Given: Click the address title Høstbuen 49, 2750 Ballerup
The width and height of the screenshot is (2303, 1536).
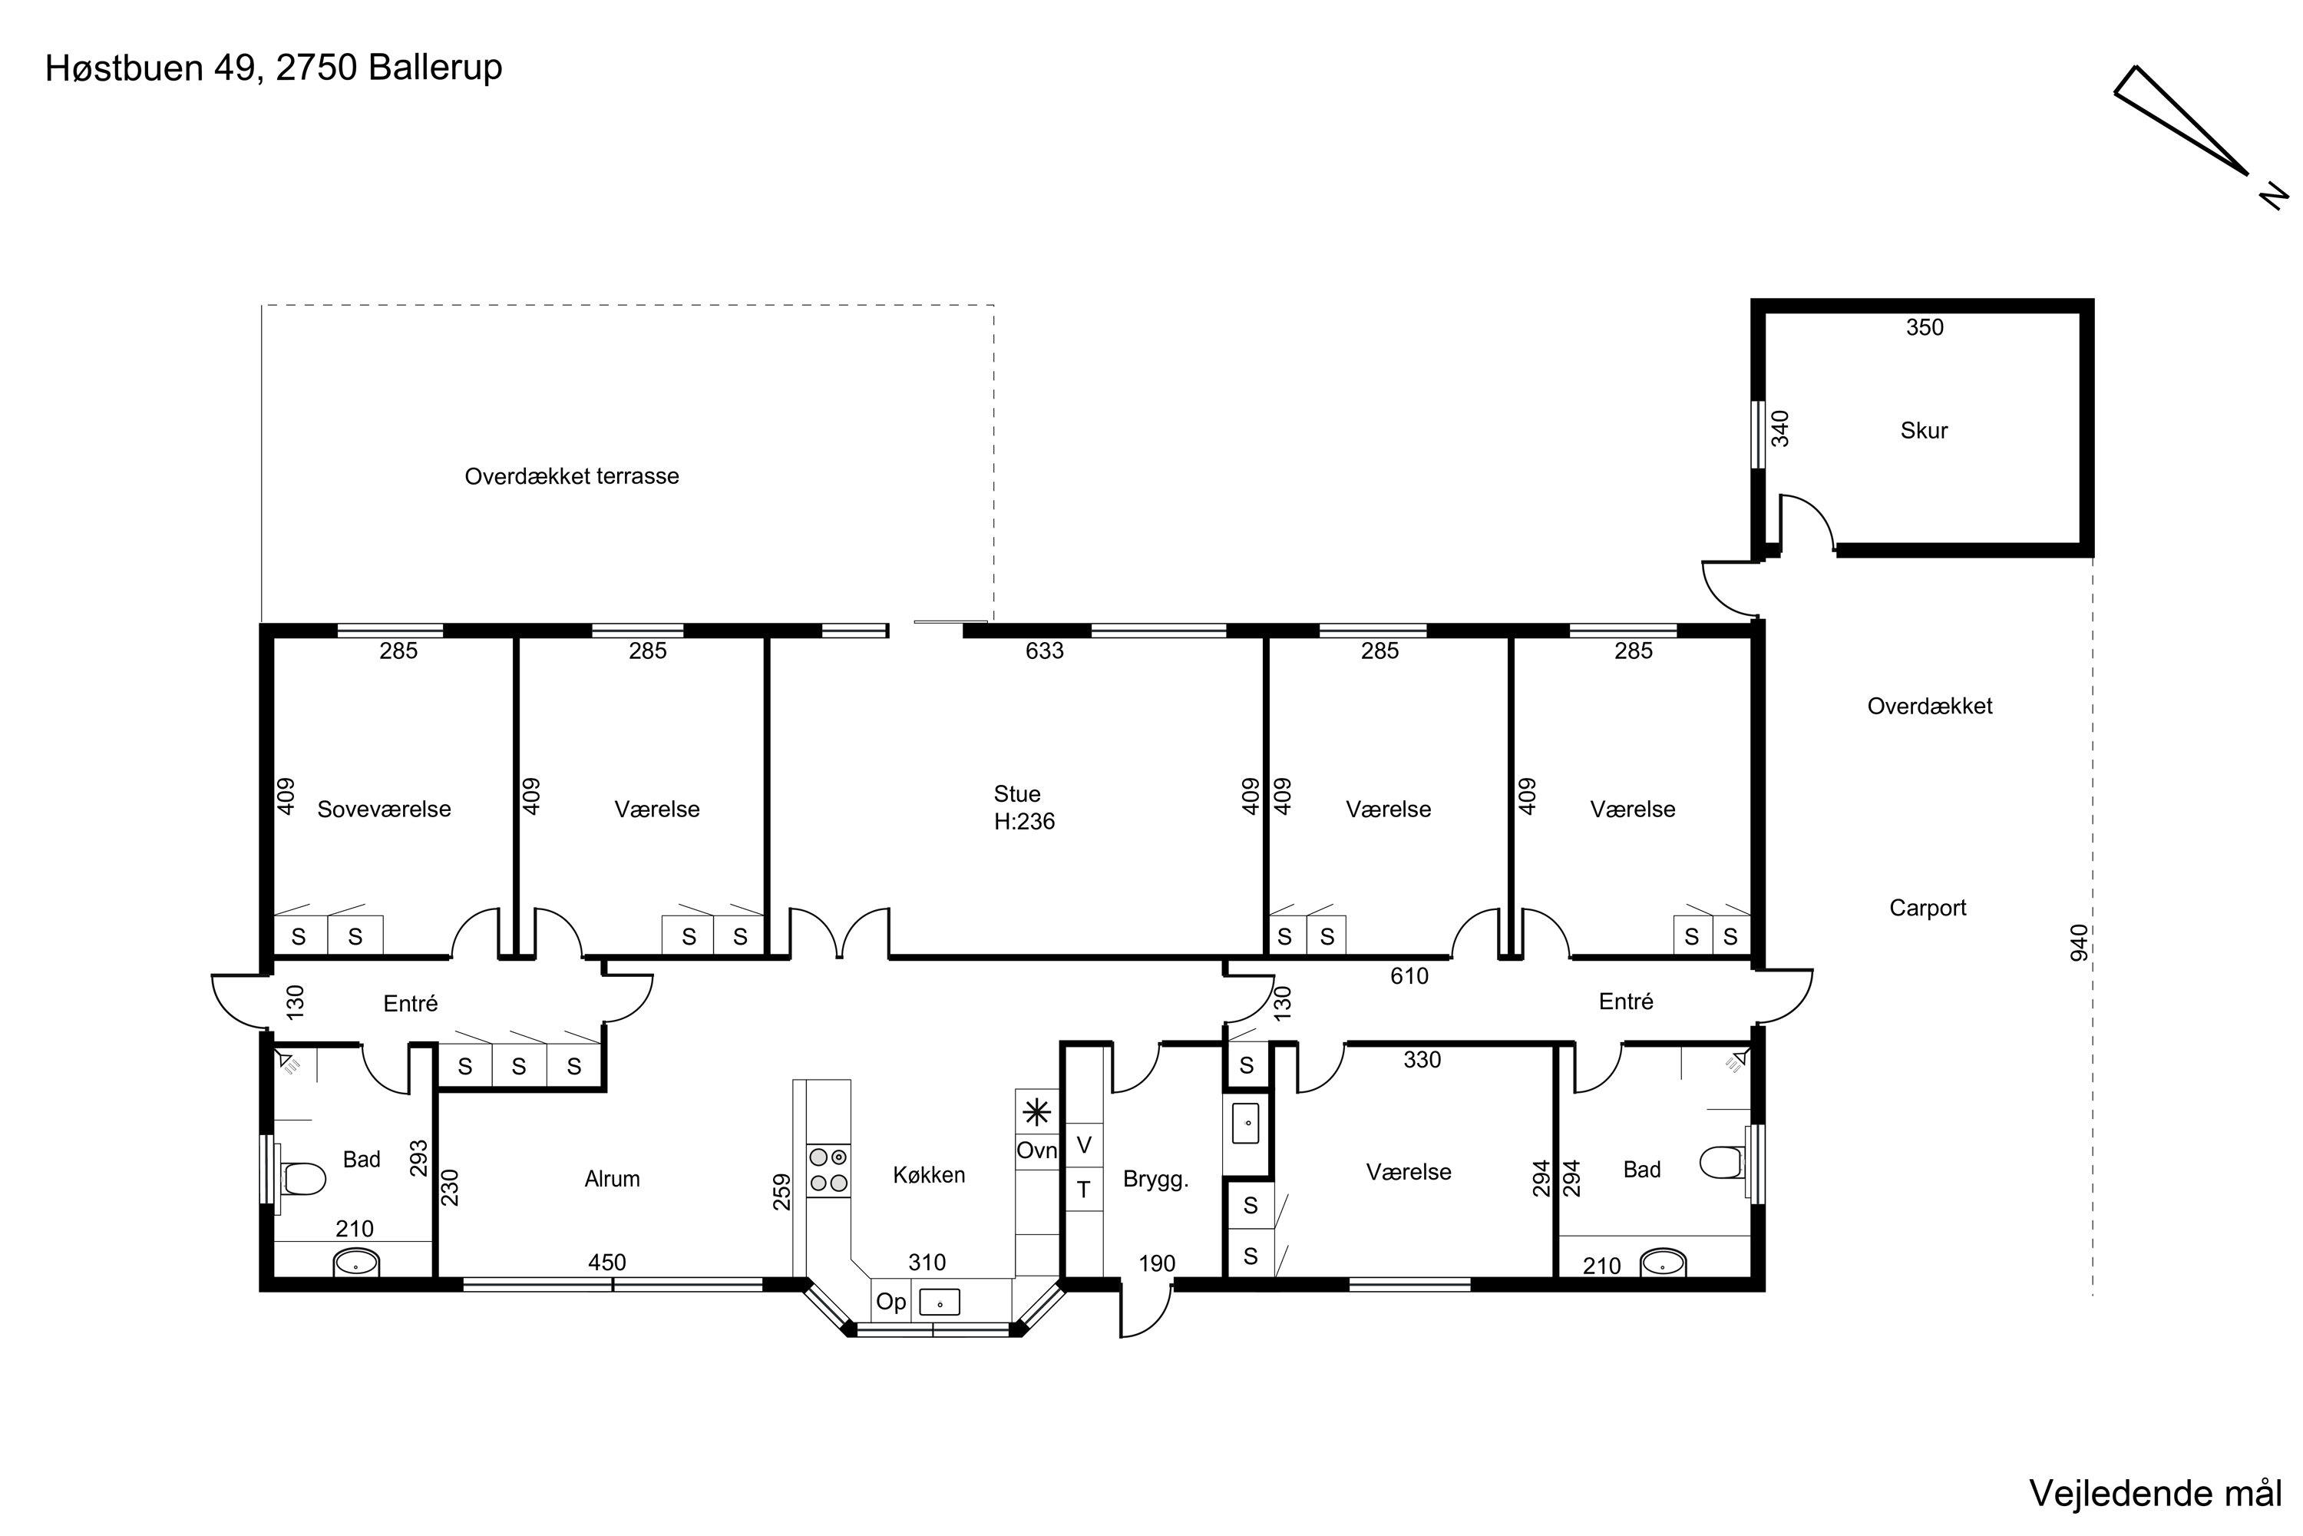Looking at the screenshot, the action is [x=274, y=68].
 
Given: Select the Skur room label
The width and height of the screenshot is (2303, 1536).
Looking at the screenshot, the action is [x=1924, y=431].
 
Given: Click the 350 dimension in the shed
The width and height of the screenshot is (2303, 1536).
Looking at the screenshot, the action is [x=1924, y=327].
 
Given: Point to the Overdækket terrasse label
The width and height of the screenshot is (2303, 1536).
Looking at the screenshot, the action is [x=572, y=477].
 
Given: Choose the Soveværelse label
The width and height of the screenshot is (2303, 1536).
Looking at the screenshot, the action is [x=384, y=809].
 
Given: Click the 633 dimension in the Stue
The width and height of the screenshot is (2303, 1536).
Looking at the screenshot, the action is [x=1044, y=650].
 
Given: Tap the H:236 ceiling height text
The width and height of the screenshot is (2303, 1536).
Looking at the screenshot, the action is [x=1024, y=822].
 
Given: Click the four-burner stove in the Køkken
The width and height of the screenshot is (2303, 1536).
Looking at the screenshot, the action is [x=828, y=1170].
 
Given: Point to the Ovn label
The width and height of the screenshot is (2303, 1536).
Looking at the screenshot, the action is [x=1036, y=1150].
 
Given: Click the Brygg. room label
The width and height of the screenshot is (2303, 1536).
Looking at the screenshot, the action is [x=1155, y=1180].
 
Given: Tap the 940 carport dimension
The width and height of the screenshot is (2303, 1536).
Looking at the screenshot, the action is [x=2079, y=942].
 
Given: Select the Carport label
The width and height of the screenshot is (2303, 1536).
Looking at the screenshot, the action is [x=1927, y=908].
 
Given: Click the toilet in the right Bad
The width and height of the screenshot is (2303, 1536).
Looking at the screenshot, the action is [x=1723, y=1163].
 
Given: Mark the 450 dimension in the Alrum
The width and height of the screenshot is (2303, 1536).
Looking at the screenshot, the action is [x=606, y=1263].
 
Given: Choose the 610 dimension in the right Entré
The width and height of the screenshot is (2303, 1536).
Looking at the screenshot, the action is [x=1409, y=975].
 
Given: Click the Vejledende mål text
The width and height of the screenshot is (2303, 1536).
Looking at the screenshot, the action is [x=2155, y=1493].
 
